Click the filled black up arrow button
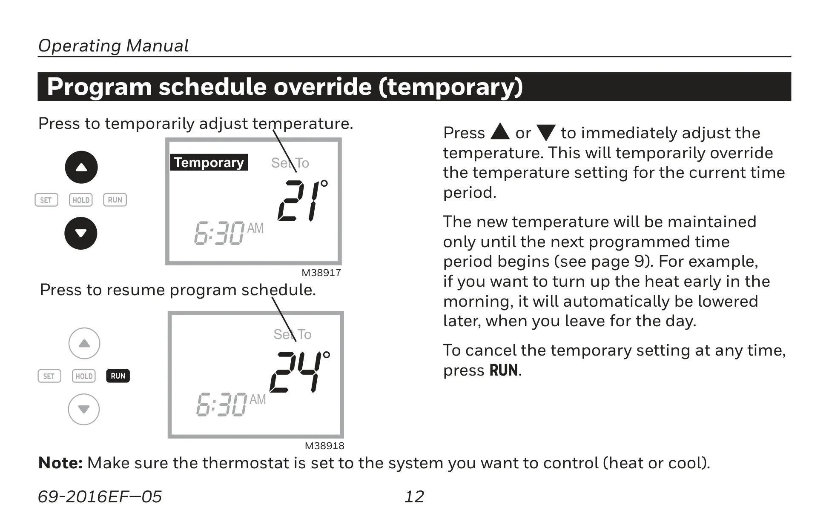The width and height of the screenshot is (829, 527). [x=81, y=167]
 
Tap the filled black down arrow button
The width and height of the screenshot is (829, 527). [x=81, y=233]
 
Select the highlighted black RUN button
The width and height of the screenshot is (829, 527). [x=118, y=376]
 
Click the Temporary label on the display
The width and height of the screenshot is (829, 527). [x=209, y=162]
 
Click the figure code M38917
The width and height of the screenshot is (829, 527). [x=321, y=273]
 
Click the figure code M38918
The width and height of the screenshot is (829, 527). [x=324, y=446]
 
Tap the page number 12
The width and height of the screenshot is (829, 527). [x=414, y=496]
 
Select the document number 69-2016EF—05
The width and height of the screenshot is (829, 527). [x=100, y=496]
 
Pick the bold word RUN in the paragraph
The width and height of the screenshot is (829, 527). [x=504, y=370]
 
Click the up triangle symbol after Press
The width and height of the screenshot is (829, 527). [x=500, y=132]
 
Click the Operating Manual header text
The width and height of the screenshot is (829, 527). [x=113, y=46]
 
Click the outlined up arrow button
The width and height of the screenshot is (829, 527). [x=84, y=343]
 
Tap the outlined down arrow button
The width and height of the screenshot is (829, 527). [x=84, y=409]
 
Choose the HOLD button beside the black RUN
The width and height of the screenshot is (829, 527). [x=84, y=376]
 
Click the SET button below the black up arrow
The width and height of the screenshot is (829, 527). [x=46, y=200]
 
